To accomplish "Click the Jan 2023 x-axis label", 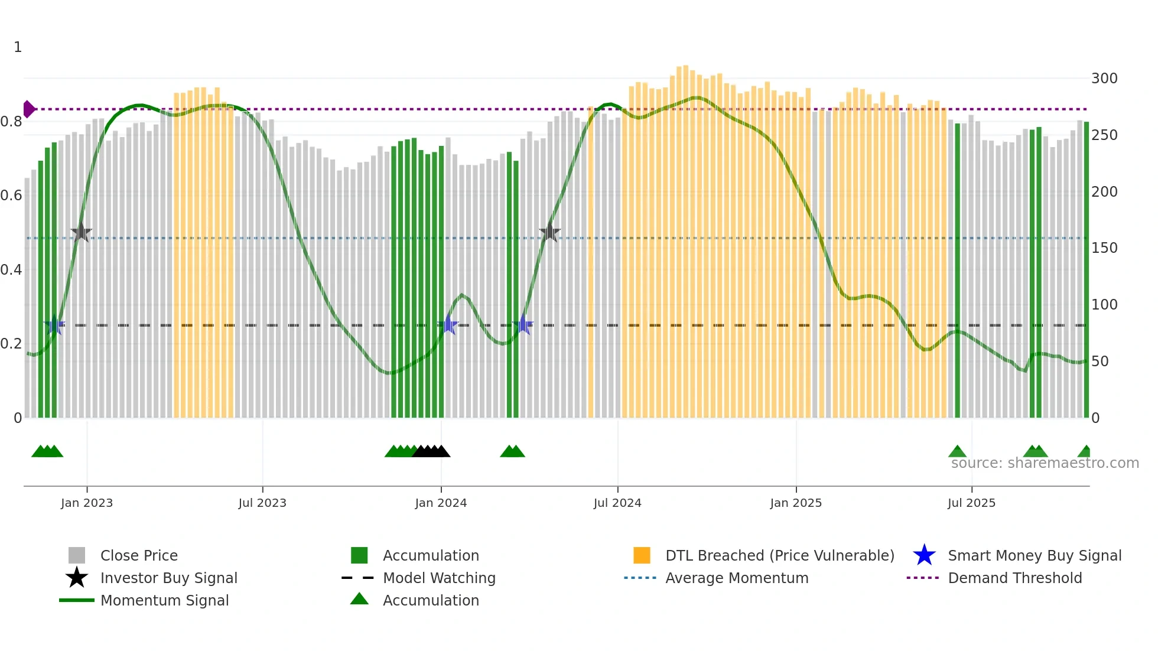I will (x=86, y=503).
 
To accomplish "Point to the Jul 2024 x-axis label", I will (x=617, y=503).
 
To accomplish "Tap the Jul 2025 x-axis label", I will (x=971, y=503).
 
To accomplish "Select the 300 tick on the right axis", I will (x=1104, y=79).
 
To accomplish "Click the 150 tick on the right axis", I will (x=1104, y=248).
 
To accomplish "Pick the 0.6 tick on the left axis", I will (x=11, y=196).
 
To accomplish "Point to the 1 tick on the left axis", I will (x=18, y=47).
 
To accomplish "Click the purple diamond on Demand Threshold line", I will (x=28, y=109).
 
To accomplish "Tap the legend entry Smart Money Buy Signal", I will (x=1034, y=555).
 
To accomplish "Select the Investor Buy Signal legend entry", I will (x=168, y=578).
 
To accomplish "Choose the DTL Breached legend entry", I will (x=779, y=555).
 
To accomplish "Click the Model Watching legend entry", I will (x=438, y=578).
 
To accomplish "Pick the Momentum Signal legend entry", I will (x=164, y=600).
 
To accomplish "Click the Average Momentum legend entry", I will (x=736, y=578).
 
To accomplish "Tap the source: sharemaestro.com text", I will (x=1045, y=463).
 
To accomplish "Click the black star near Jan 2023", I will (x=82, y=233).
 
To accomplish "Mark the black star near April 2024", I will (x=549, y=233).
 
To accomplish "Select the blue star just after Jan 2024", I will (x=448, y=325).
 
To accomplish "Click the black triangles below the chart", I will (x=431, y=451).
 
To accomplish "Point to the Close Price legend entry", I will (x=138, y=555).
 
